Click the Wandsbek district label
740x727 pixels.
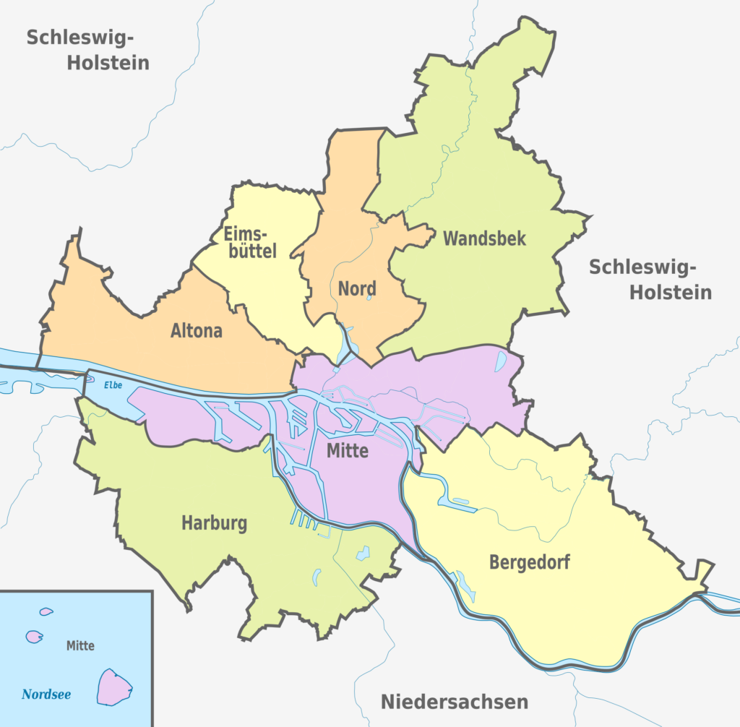click(484, 238)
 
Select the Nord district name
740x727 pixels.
click(357, 289)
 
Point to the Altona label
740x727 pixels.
click(197, 332)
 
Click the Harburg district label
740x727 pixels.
click(214, 523)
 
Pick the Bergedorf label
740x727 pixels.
click(529, 562)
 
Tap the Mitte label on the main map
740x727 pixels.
click(348, 452)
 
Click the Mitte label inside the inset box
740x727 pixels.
click(79, 645)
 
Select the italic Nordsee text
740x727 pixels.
click(46, 695)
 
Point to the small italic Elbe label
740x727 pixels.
click(113, 386)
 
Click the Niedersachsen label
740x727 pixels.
click(455, 701)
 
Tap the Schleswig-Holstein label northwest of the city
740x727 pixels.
click(87, 50)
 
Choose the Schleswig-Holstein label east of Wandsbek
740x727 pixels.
click(650, 279)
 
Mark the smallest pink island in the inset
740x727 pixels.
click(46, 611)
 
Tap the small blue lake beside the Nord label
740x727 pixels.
click(369, 296)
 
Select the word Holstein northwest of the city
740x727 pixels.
click(108, 63)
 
